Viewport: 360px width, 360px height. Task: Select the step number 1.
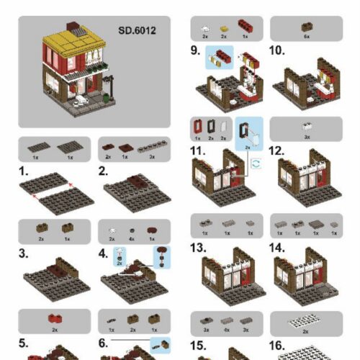[x=23, y=172]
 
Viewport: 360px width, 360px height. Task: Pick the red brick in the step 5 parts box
[x=53, y=318]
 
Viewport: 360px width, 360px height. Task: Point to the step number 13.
[x=199, y=247]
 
